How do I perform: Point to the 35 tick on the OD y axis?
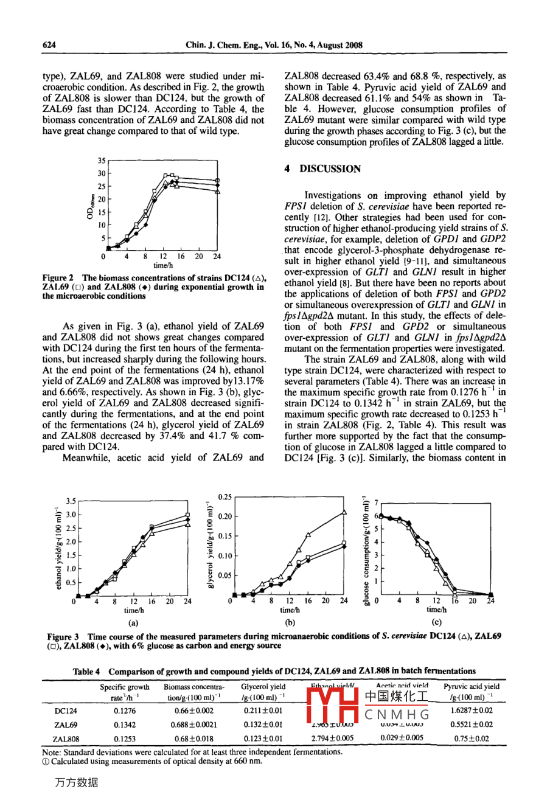101,161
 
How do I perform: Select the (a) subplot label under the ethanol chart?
133,622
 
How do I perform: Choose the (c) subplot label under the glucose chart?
436,622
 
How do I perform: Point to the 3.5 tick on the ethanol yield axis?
70,501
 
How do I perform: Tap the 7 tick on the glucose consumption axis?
375,502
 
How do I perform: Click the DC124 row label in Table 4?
66,711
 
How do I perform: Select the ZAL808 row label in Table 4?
66,739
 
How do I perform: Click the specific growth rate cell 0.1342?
125,725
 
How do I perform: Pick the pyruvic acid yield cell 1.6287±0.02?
472,711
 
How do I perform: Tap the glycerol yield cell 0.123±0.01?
263,739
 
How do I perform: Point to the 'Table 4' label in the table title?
86,672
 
